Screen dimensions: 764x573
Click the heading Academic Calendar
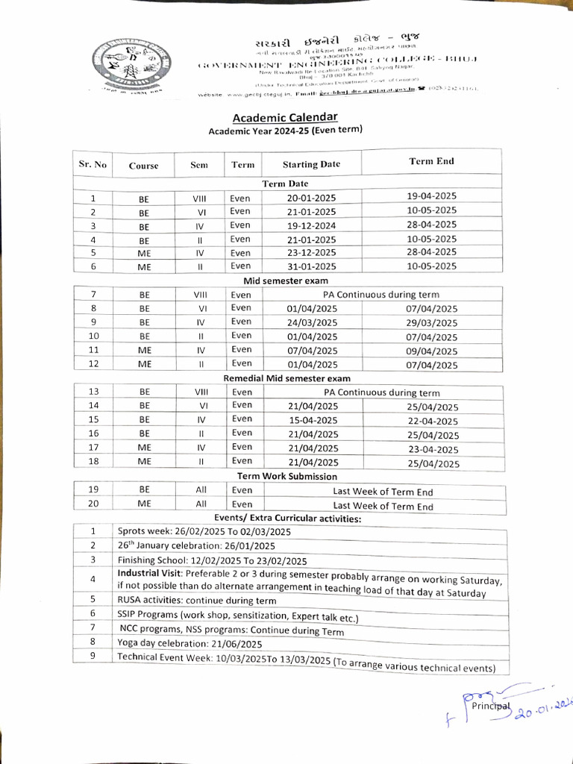click(285, 117)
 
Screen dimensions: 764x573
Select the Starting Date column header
click(311, 164)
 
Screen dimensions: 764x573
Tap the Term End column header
click(431, 161)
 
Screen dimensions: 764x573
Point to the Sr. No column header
click(93, 164)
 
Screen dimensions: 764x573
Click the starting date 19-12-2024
click(311, 225)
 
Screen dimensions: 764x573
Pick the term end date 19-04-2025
click(431, 196)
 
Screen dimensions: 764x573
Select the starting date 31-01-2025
click(311, 266)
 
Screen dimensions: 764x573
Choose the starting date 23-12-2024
click(311, 253)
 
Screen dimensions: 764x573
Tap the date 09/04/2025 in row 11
click(431, 351)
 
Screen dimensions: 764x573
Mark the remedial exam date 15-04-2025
click(312, 420)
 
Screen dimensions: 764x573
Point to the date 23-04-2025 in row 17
click(432, 449)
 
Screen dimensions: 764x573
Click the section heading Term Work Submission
click(286, 476)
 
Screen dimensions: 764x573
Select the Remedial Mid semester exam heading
click(286, 379)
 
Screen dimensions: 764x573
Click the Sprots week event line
click(204, 532)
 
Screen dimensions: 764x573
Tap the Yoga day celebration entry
click(190, 643)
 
